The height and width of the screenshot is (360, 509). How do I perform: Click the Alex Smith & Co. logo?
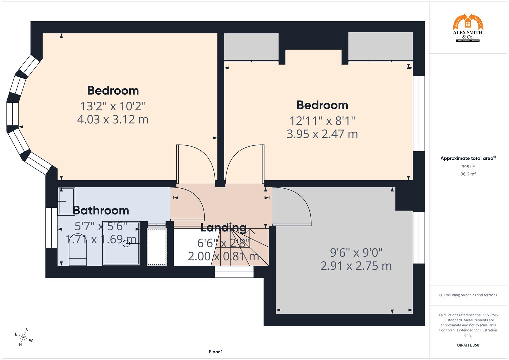point(468,28)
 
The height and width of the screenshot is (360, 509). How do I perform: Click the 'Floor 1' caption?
point(216,352)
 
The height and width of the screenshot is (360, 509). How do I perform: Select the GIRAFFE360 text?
point(468,345)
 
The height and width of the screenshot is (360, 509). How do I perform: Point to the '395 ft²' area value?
point(468,167)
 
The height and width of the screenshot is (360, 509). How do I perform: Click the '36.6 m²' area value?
point(468,174)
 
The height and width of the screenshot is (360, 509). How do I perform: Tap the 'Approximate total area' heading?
point(468,158)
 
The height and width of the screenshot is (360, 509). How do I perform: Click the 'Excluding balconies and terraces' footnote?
point(468,295)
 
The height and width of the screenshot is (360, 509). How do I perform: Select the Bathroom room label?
point(101,210)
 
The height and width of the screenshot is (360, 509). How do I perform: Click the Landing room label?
point(223,228)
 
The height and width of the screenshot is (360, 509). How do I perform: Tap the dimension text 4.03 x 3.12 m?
point(113,119)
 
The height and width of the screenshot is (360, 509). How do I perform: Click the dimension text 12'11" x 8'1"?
point(322,120)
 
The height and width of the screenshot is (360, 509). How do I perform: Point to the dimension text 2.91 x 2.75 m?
point(356,266)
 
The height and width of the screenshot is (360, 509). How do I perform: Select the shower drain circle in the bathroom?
point(126,244)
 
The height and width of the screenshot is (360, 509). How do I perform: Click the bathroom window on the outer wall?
point(51,228)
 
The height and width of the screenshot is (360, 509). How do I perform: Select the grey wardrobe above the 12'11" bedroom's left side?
point(251,47)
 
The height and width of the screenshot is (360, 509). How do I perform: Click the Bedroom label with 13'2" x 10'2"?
point(113,91)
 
